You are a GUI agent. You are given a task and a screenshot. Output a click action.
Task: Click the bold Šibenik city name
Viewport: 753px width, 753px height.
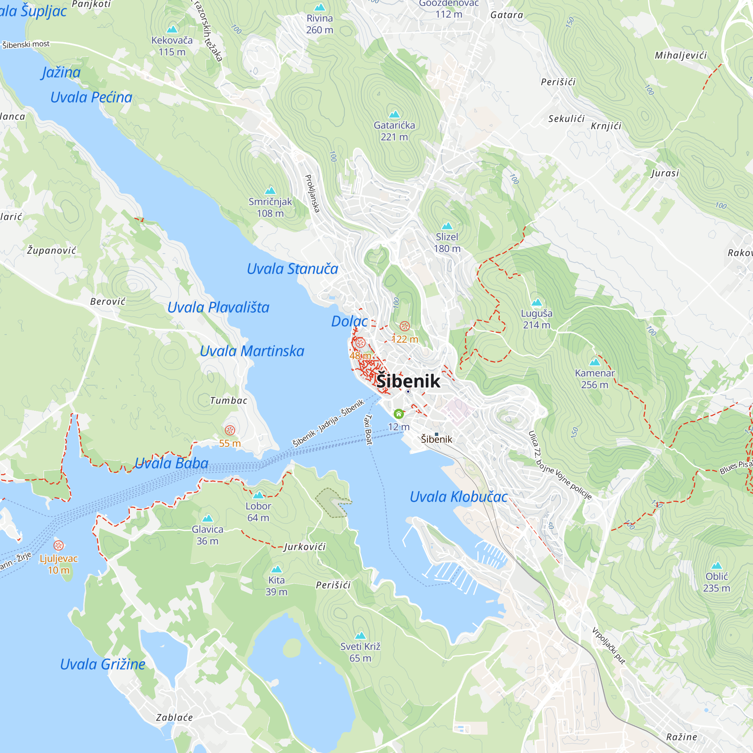tap(408, 381)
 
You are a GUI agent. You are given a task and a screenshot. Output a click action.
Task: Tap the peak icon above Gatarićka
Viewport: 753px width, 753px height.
tap(395, 114)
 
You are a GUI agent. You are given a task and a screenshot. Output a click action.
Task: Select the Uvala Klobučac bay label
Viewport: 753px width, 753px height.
tap(458, 497)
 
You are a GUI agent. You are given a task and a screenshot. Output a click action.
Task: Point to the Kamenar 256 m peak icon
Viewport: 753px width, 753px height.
tap(594, 362)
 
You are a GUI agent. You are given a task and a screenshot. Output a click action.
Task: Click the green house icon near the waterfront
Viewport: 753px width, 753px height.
tap(398, 413)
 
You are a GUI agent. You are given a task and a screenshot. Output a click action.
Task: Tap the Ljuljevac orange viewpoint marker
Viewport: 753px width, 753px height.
tap(58, 545)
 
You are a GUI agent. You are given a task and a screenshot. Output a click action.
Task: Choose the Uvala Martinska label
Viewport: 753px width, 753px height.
tap(252, 351)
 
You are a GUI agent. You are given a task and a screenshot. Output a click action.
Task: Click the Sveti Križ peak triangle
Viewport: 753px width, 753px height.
tap(360, 636)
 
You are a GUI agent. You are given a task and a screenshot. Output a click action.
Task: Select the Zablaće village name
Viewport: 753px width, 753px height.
tap(174, 718)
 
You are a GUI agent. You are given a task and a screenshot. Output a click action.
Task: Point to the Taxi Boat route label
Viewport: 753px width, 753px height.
tap(368, 430)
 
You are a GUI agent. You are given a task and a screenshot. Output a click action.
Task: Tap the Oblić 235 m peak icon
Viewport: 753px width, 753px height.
tap(716, 566)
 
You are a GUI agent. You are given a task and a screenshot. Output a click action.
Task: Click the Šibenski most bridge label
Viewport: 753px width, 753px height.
tap(26, 44)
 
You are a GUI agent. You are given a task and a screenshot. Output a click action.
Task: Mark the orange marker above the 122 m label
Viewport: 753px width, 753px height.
tap(405, 326)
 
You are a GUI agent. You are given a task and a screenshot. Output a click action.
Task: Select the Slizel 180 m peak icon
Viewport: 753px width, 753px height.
tap(447, 226)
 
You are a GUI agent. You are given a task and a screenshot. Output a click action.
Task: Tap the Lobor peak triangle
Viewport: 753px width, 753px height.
tap(258, 495)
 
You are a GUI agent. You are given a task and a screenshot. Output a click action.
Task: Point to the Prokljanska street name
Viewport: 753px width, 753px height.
tap(312, 194)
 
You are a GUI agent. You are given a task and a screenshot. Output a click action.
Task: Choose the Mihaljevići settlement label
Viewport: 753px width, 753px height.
tap(680, 55)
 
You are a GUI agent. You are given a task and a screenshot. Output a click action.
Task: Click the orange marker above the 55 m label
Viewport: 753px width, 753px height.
tap(230, 430)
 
